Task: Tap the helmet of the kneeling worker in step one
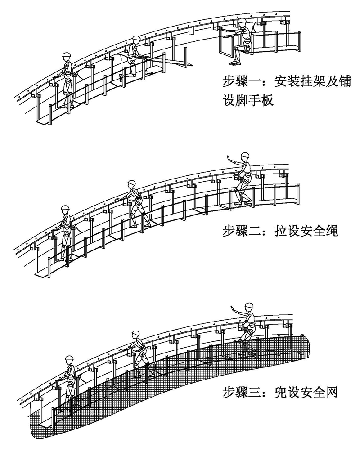pyautogui.click(x=136, y=40)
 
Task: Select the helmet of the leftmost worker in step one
pyautogui.click(x=67, y=55)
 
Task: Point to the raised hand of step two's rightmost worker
pyautogui.click(x=229, y=158)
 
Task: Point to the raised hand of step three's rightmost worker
pyautogui.click(x=232, y=309)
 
